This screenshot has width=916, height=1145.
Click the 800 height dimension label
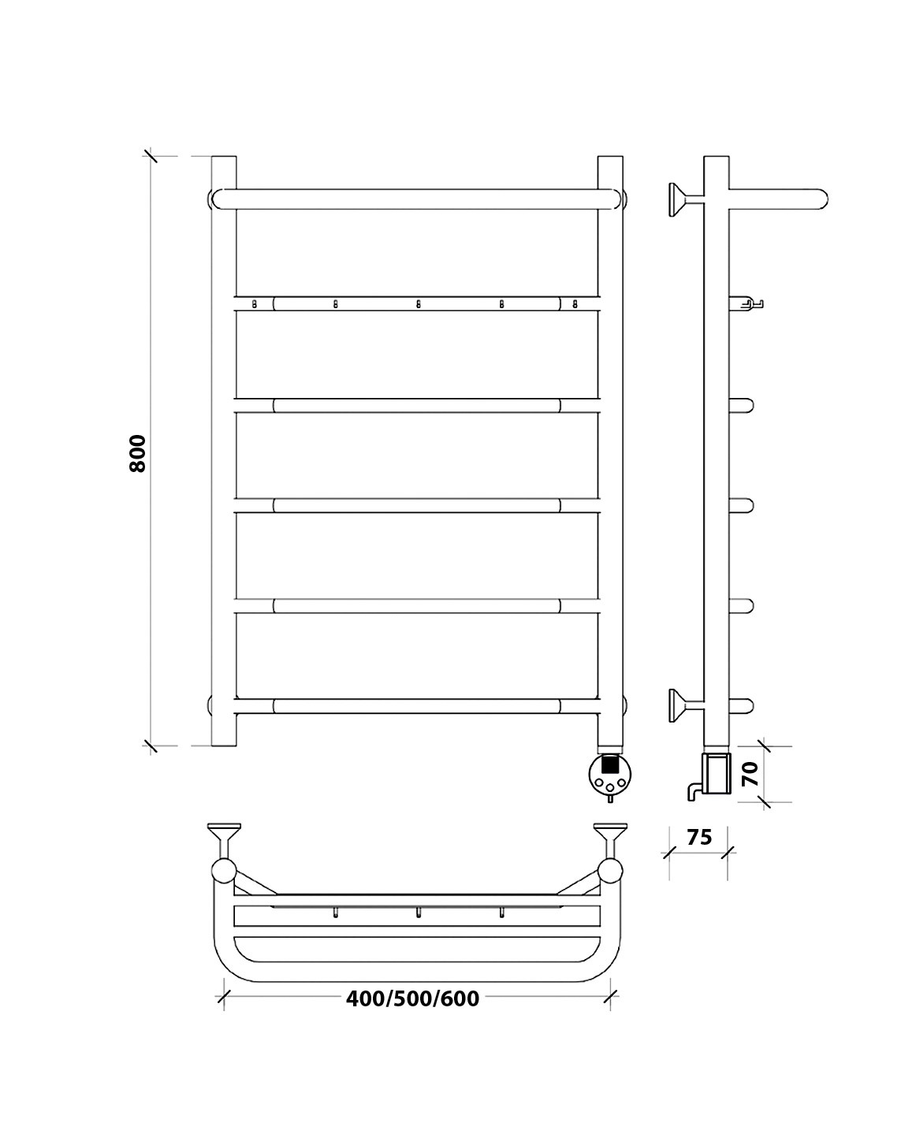coord(137,453)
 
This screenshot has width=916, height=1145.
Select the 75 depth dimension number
coord(699,838)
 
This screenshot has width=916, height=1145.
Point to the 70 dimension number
coord(750,774)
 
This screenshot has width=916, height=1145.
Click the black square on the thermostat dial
coord(610,765)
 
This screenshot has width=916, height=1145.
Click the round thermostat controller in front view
coord(610,774)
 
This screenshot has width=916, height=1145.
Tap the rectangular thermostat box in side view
coord(717,773)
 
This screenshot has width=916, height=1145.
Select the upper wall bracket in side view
coord(686,199)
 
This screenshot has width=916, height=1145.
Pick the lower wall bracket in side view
coord(686,705)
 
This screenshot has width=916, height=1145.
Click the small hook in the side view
coord(747,304)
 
